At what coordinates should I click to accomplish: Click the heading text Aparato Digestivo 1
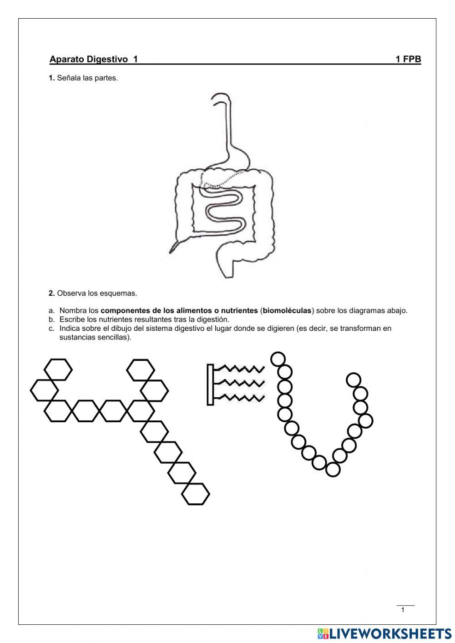(94, 59)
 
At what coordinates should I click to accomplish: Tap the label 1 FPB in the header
(408, 59)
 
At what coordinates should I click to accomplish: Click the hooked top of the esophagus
(221, 97)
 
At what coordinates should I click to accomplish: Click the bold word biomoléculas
(287, 311)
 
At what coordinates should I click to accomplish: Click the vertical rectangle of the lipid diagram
(210, 385)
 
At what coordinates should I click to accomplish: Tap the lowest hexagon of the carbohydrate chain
(196, 494)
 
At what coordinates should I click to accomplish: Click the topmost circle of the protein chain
(278, 359)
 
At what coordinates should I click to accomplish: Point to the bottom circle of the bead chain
(333, 470)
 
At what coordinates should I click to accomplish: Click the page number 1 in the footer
(403, 610)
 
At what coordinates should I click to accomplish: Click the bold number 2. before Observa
(52, 294)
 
